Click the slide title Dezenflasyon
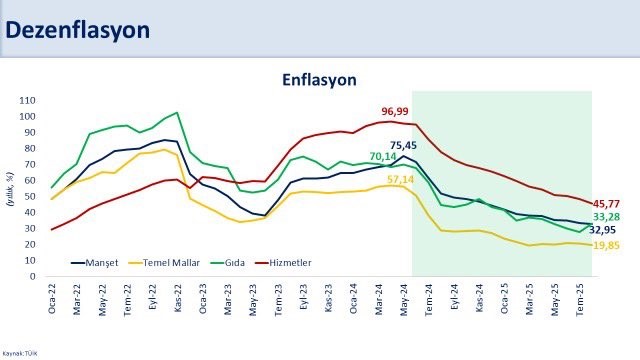tap(79, 31)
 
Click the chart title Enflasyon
tap(319, 79)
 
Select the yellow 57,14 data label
tap(401, 179)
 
